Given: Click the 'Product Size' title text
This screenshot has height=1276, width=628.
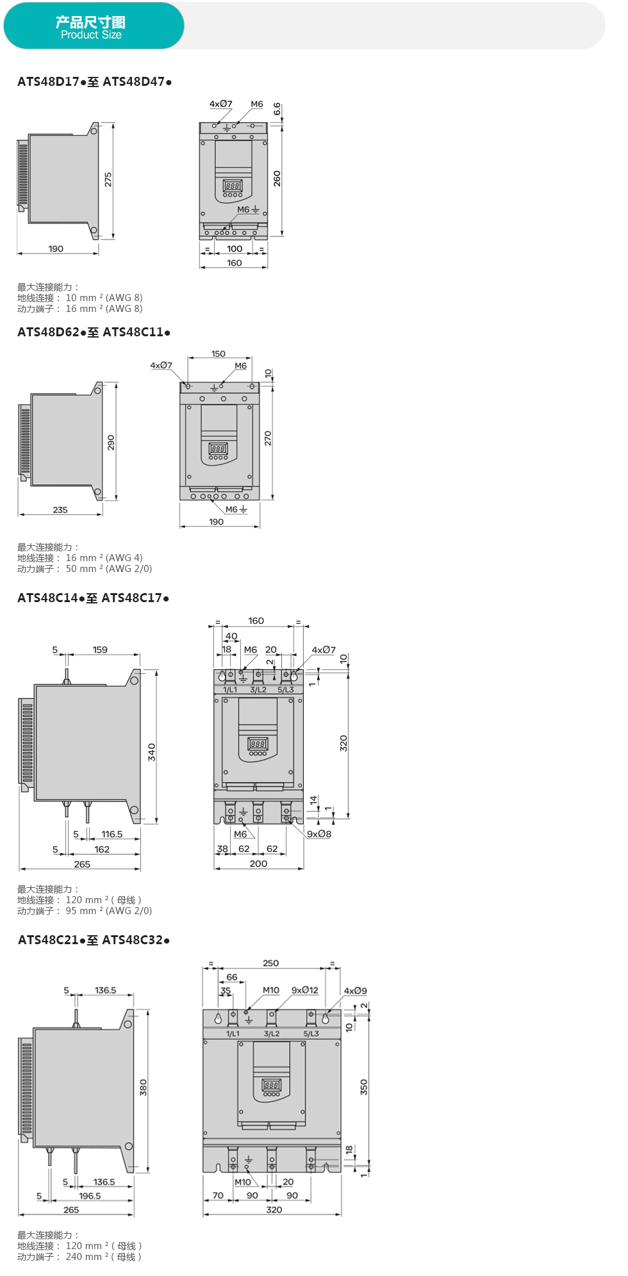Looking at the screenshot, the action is [91, 35].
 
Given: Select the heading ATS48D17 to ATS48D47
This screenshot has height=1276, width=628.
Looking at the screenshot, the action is [94, 82].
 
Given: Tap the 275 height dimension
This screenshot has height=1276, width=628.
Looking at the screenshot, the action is [108, 179].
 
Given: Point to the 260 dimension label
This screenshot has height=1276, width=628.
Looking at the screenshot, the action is [277, 178].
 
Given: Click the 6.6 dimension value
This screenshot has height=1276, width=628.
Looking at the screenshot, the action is [277, 109].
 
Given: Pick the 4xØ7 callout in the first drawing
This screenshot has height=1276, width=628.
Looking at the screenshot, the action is [220, 104].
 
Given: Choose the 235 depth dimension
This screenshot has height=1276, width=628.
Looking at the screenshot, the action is [60, 510].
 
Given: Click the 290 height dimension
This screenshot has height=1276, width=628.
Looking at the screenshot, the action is [111, 442].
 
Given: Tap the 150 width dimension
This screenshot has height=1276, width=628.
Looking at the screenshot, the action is [219, 354].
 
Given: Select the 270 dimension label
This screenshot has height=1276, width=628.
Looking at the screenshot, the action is [268, 438].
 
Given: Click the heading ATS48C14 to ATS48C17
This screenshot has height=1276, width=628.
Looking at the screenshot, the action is [93, 598].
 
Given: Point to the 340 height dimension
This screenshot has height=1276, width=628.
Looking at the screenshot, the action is [152, 751].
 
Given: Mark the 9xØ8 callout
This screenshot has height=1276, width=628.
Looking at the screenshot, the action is [319, 834].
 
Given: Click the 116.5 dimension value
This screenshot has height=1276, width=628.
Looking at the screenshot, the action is [112, 834].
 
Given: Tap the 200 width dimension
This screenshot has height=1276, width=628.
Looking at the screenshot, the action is [258, 863].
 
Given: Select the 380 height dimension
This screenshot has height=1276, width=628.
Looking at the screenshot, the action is [144, 1088].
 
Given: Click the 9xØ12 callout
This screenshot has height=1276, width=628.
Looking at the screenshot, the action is [305, 990].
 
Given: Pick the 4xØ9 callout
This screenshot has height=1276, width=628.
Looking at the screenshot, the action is [356, 991].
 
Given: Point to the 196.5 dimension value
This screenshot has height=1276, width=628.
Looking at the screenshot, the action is [90, 1196].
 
